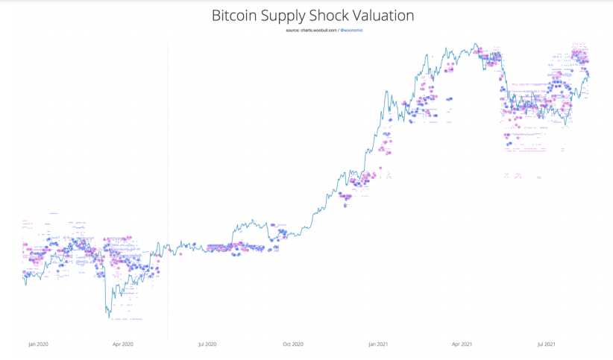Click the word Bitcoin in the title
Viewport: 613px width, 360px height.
(x=237, y=15)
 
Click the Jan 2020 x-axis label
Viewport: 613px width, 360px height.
(x=37, y=345)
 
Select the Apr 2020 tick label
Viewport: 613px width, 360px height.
(x=122, y=345)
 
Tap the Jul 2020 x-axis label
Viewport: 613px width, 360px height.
(x=207, y=345)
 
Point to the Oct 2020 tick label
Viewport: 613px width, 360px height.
(x=294, y=345)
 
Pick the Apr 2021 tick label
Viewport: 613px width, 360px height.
(x=463, y=345)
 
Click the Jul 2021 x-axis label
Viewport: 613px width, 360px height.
(x=548, y=345)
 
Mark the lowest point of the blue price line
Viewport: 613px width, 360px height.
(x=110, y=318)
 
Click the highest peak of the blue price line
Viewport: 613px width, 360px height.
(x=475, y=43)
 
